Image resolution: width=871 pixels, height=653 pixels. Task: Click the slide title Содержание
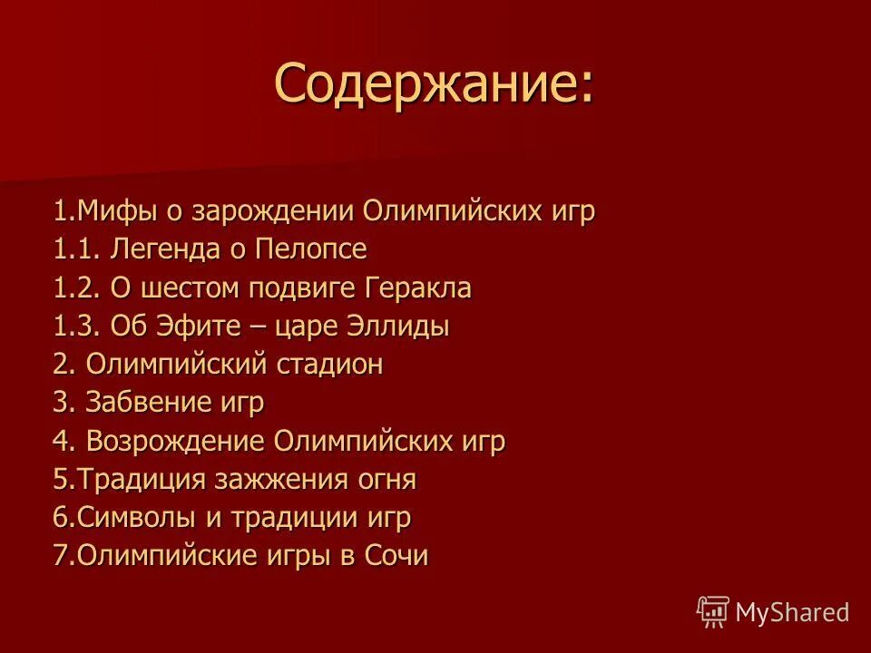(435, 84)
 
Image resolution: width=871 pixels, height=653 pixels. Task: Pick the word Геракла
(418, 288)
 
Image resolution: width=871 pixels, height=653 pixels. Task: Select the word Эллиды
(404, 326)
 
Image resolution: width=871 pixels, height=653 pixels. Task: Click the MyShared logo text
(792, 611)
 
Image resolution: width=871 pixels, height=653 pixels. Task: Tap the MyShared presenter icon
(713, 611)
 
